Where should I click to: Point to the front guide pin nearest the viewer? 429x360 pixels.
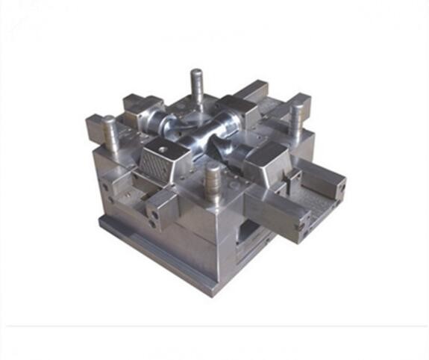click(213, 181)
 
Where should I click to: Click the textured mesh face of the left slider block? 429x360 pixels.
click(158, 160)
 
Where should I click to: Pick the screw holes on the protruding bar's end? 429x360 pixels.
click(302, 220)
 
